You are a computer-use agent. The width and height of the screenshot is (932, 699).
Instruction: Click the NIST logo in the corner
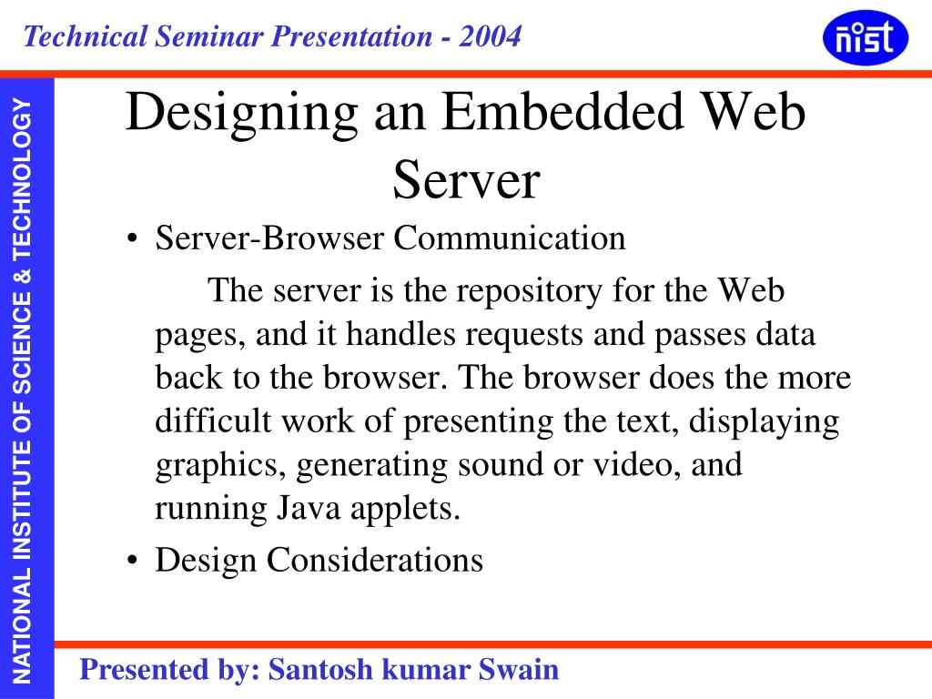point(865,39)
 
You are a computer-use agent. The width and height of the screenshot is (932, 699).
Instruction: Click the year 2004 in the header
point(491,36)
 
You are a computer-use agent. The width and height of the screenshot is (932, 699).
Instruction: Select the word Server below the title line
point(466,179)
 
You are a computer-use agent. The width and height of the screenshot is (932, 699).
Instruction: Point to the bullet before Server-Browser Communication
point(133,240)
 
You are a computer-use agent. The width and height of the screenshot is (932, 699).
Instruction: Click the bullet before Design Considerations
point(133,561)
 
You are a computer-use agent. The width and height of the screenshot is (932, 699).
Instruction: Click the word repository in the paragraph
point(532,292)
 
